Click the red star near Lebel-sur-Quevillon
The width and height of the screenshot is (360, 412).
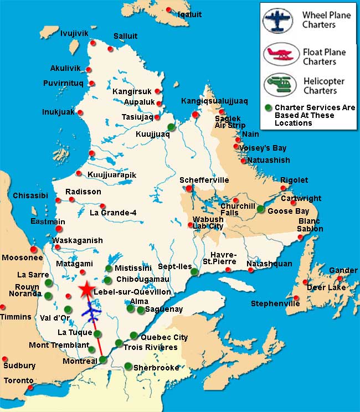(86, 290)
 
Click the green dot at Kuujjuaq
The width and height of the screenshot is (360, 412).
(172, 127)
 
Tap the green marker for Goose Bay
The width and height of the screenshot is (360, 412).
(261, 209)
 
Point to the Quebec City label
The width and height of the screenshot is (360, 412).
(164, 337)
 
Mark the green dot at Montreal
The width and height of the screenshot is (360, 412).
(102, 360)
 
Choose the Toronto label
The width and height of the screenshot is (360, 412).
(19, 381)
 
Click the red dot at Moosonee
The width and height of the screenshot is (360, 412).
(34, 249)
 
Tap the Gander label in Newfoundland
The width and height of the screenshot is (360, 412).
(343, 270)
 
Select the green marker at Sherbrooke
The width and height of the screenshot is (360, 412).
(128, 366)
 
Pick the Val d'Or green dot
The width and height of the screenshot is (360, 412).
(68, 310)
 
